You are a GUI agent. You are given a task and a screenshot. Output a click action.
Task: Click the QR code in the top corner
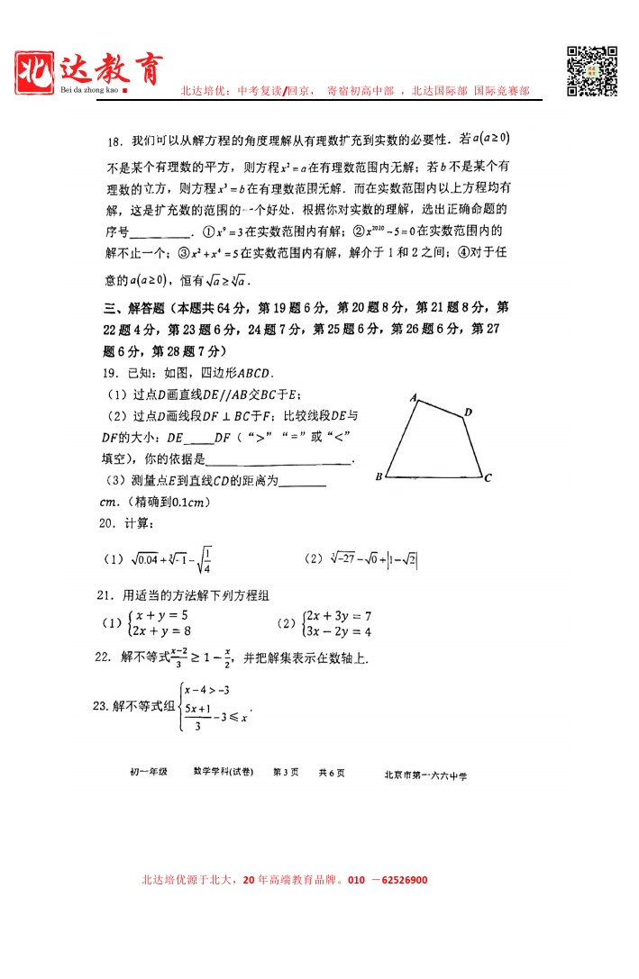coord(591,70)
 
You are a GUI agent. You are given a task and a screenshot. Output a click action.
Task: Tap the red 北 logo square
coord(35,71)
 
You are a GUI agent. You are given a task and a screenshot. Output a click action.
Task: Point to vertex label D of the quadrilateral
coord(468,412)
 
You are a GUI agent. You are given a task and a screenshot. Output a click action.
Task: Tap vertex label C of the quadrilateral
coord(487,478)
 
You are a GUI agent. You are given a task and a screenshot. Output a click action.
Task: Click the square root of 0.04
coord(141,559)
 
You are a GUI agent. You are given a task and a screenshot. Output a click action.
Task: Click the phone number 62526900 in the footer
coord(398,880)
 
